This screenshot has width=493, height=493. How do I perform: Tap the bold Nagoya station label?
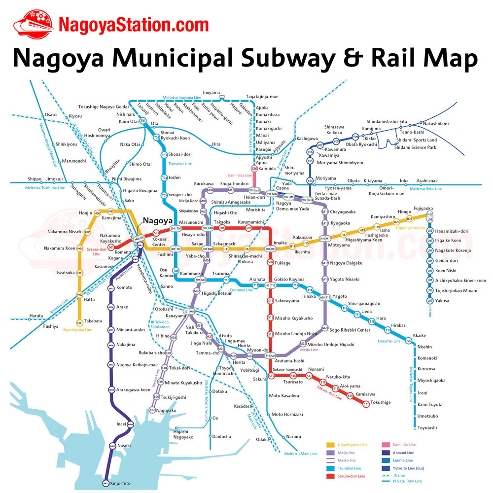[158, 221]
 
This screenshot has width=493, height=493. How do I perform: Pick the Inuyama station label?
[211, 93]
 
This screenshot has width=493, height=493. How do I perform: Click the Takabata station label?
[93, 321]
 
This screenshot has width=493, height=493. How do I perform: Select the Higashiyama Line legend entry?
[353, 445]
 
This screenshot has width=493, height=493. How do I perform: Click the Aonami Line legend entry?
[404, 453]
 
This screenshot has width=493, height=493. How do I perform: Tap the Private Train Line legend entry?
[408, 481]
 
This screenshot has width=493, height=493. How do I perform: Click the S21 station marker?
[366, 404]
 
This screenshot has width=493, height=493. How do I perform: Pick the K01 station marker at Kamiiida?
[254, 169]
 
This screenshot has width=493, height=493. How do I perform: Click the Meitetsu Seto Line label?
[425, 189]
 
